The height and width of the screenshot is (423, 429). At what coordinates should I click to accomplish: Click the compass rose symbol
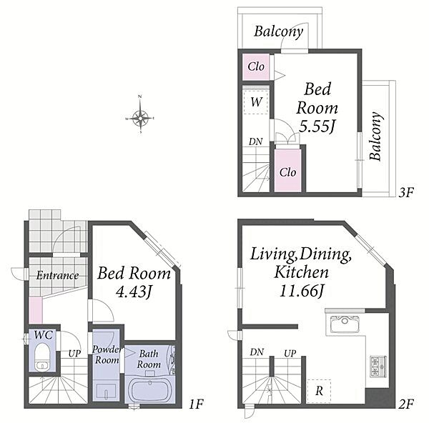140,118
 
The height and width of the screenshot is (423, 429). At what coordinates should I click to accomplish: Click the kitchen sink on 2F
345,324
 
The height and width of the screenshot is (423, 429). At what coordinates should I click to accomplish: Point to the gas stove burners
378,367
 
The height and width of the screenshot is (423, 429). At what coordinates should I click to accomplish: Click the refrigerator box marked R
319,391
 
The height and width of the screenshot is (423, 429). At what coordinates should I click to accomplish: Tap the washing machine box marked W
256,102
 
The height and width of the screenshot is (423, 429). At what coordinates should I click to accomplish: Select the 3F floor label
405,192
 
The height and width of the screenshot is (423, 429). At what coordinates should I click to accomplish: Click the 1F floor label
196,404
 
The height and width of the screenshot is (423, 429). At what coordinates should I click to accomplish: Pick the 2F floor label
405,404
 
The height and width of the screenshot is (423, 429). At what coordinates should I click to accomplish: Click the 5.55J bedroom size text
317,126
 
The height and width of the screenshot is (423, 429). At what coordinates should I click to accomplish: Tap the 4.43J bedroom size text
134,292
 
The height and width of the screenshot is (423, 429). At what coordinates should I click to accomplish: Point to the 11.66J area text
301,290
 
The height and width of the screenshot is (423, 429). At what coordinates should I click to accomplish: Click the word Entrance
57,275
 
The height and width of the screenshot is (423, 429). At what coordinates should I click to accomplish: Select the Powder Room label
107,354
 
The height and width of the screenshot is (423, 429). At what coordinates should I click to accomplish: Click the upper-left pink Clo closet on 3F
256,66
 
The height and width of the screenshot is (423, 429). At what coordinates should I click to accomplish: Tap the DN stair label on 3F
256,141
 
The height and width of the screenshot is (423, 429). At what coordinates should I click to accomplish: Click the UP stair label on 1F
74,354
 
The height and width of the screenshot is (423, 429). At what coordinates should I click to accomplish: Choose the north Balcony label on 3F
279,31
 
